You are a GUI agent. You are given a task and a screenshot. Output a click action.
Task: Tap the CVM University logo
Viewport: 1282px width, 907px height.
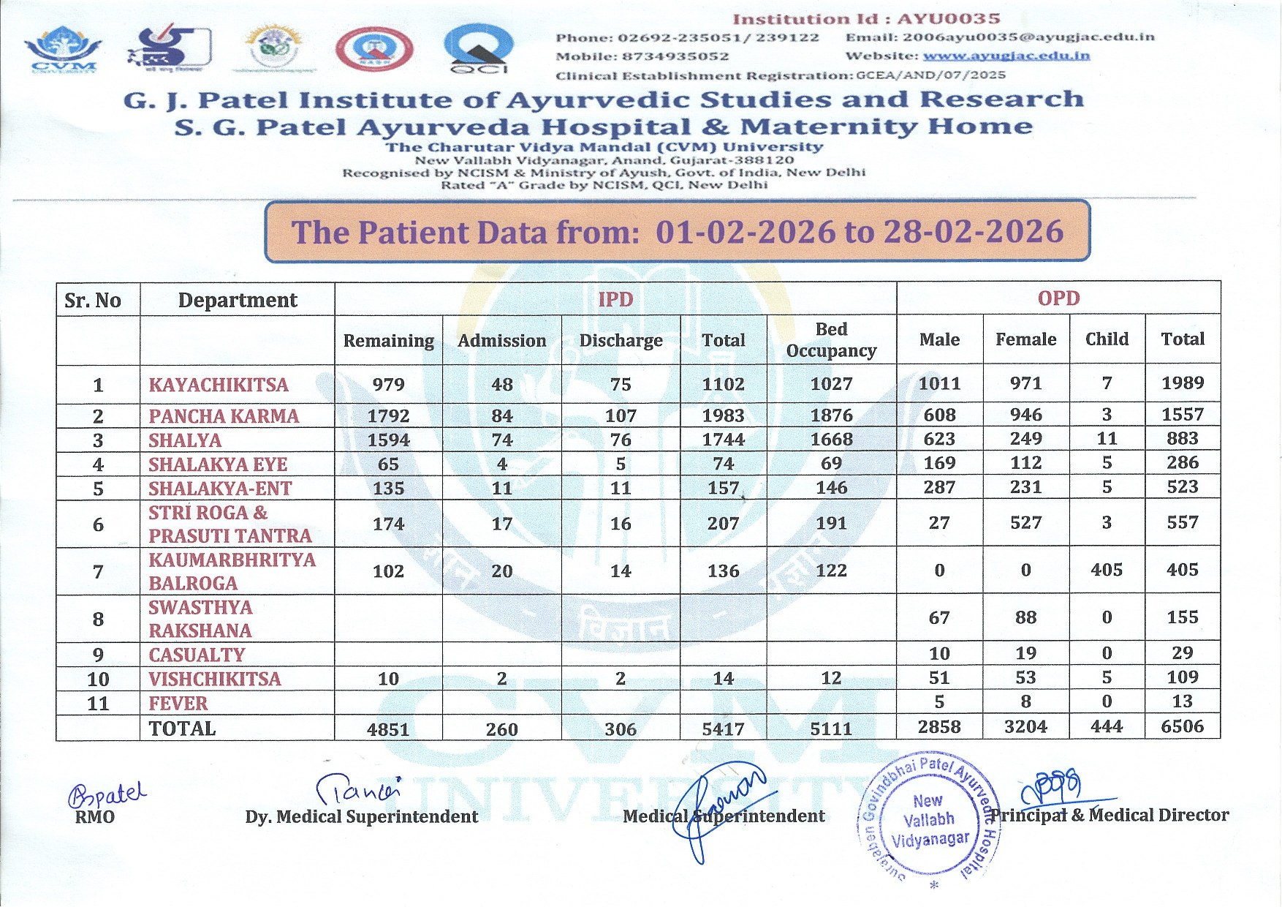64,50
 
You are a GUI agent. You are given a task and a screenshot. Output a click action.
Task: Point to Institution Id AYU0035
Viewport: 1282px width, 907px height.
866,19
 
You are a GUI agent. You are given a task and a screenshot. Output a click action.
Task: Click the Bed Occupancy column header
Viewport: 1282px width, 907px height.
831,340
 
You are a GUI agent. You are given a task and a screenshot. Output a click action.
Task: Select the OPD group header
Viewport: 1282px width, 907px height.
1058,298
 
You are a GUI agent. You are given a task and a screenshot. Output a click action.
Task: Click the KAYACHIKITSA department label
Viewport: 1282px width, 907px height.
219,385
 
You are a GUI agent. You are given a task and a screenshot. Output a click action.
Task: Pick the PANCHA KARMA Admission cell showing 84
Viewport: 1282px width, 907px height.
501,415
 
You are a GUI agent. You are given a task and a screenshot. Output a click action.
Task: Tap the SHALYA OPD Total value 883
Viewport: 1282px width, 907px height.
1182,439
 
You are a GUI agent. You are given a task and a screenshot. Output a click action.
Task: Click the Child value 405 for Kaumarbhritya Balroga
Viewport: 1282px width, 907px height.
1106,570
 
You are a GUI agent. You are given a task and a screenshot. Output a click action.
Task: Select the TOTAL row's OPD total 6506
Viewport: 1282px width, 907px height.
1182,727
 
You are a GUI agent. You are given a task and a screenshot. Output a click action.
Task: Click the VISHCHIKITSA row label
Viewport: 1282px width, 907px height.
214,679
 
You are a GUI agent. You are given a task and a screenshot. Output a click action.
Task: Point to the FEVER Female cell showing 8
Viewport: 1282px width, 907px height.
1025,702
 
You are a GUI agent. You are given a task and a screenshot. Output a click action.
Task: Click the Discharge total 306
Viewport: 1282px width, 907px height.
620,729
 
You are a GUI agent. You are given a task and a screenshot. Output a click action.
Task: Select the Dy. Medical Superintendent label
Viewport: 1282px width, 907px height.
361,817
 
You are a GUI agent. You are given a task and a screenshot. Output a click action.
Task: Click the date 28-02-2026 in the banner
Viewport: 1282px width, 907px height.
973,232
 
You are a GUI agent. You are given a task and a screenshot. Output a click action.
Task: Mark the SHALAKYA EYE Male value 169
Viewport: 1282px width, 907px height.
939,463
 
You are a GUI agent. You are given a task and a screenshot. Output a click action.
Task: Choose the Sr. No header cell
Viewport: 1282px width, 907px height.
93,301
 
